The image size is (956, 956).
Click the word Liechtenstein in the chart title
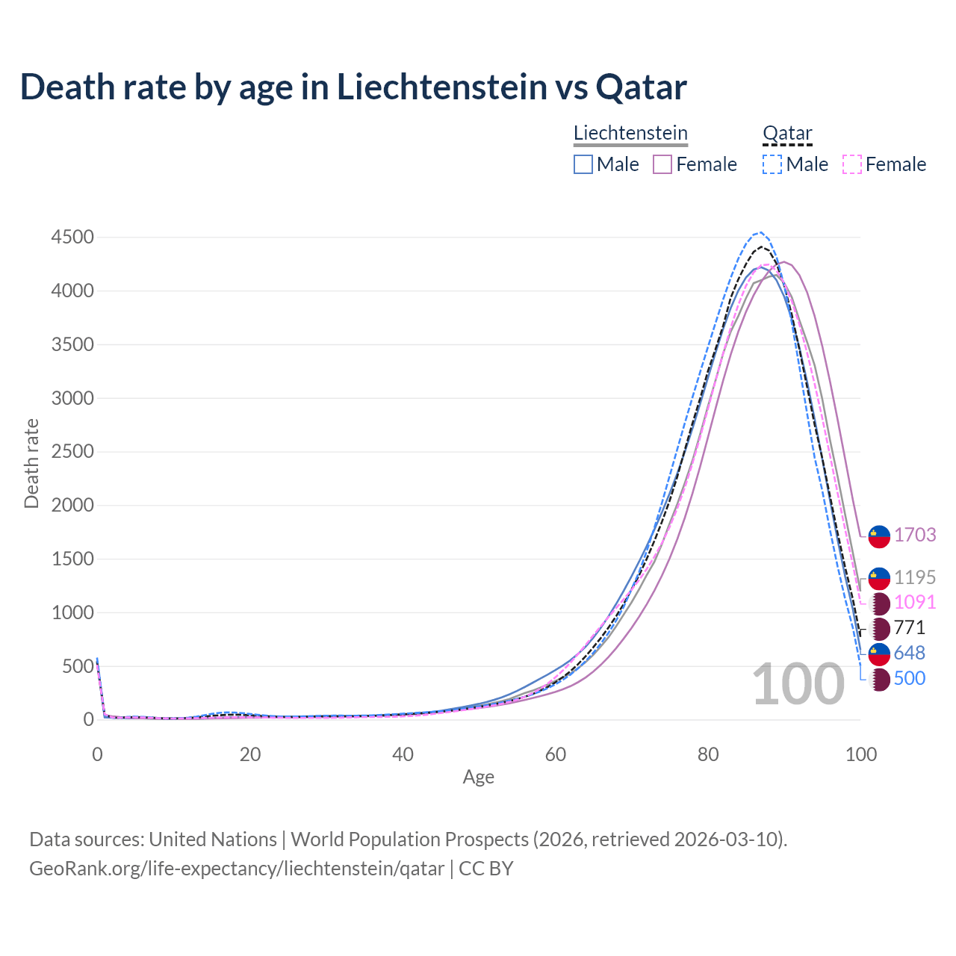pyautogui.click(x=441, y=87)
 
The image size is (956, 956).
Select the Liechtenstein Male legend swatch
pyautogui.click(x=583, y=164)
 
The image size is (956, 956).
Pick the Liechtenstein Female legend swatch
pyautogui.click(x=662, y=164)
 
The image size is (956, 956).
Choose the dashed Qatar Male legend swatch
pyautogui.click(x=772, y=164)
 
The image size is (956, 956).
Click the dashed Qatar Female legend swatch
pyautogui.click(x=852, y=164)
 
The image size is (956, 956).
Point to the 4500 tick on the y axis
pyautogui.click(x=72, y=238)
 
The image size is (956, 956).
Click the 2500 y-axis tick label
pyautogui.click(x=72, y=452)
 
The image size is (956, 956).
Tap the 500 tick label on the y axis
pyautogui.click(x=78, y=666)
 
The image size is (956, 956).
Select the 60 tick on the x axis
pyautogui.click(x=556, y=754)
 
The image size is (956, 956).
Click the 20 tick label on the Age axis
pyautogui.click(x=250, y=754)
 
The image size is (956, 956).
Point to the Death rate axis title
pyautogui.click(x=31, y=463)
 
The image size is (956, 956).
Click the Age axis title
pyautogui.click(x=479, y=777)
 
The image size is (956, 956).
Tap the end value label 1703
pyautogui.click(x=915, y=535)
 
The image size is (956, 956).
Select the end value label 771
pyautogui.click(x=909, y=627)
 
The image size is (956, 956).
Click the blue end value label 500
pyautogui.click(x=909, y=678)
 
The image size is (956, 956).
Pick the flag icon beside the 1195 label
pyautogui.click(x=879, y=578)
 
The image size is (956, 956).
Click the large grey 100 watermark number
pyautogui.click(x=798, y=684)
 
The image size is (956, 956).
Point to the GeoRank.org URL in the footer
pyautogui.click(x=237, y=869)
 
